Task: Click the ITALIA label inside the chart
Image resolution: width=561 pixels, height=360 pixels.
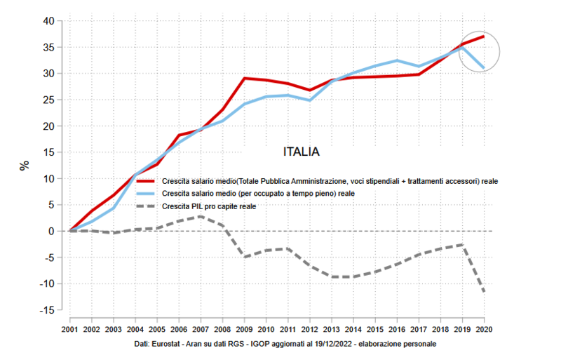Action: (302, 152)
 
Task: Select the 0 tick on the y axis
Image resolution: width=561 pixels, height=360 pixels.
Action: (51, 231)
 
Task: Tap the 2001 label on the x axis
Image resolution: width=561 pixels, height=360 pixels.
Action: (69, 329)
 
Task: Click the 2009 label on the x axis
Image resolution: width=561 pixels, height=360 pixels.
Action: (245, 329)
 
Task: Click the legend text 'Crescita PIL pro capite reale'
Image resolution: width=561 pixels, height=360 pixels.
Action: (209, 206)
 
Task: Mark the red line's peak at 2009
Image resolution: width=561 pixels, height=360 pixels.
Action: (244, 78)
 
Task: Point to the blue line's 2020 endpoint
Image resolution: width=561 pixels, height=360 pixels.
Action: (484, 68)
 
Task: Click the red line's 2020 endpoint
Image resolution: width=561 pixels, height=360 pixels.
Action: (484, 36)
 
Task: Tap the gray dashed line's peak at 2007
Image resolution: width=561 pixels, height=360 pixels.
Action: (201, 216)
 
